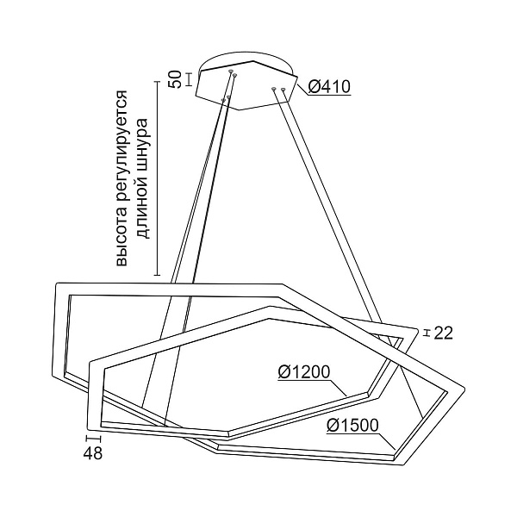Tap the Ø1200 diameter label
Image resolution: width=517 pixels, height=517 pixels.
[304, 371]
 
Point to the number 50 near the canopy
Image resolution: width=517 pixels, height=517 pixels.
[174, 80]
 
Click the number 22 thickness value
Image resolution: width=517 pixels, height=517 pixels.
[443, 333]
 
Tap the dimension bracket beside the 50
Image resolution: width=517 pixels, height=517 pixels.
[189, 80]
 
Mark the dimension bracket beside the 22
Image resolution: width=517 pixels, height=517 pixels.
[424, 333]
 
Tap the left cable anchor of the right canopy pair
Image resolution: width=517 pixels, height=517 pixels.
[274, 88]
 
